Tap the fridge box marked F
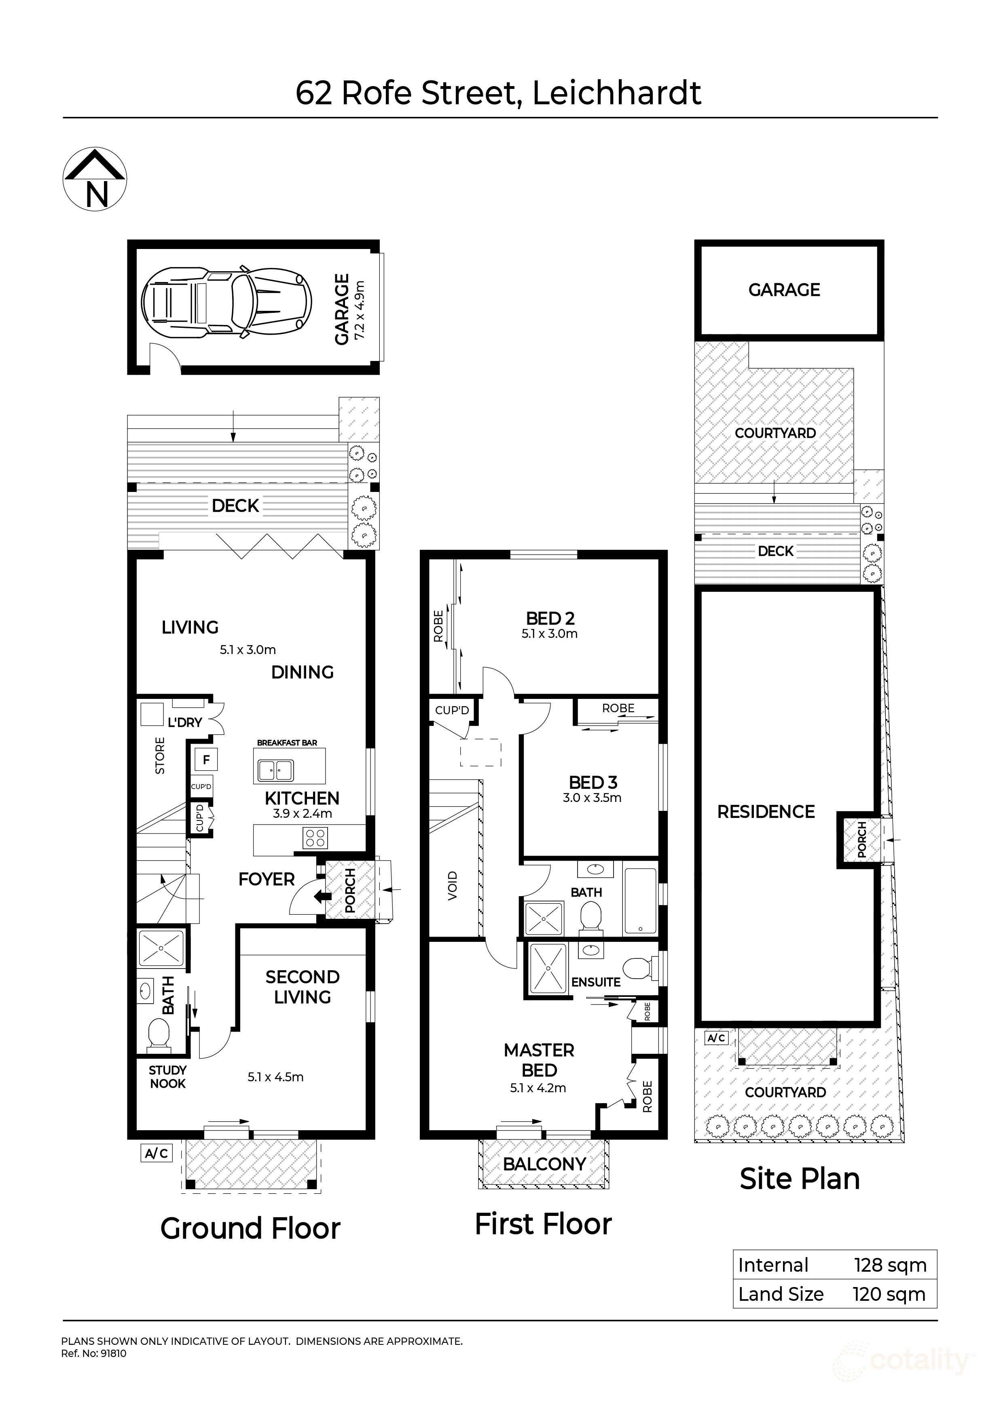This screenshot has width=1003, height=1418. click(206, 760)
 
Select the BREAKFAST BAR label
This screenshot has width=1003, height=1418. click(287, 743)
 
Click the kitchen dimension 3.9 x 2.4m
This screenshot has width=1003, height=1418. click(302, 814)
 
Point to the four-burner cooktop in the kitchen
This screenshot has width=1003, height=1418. click(315, 838)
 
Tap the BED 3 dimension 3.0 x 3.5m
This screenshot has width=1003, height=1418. click(592, 798)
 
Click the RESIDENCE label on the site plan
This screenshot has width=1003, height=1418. click(766, 812)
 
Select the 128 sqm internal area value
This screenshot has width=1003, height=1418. click(890, 1266)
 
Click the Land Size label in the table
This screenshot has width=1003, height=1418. click(781, 1294)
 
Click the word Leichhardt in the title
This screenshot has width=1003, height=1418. click(616, 93)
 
